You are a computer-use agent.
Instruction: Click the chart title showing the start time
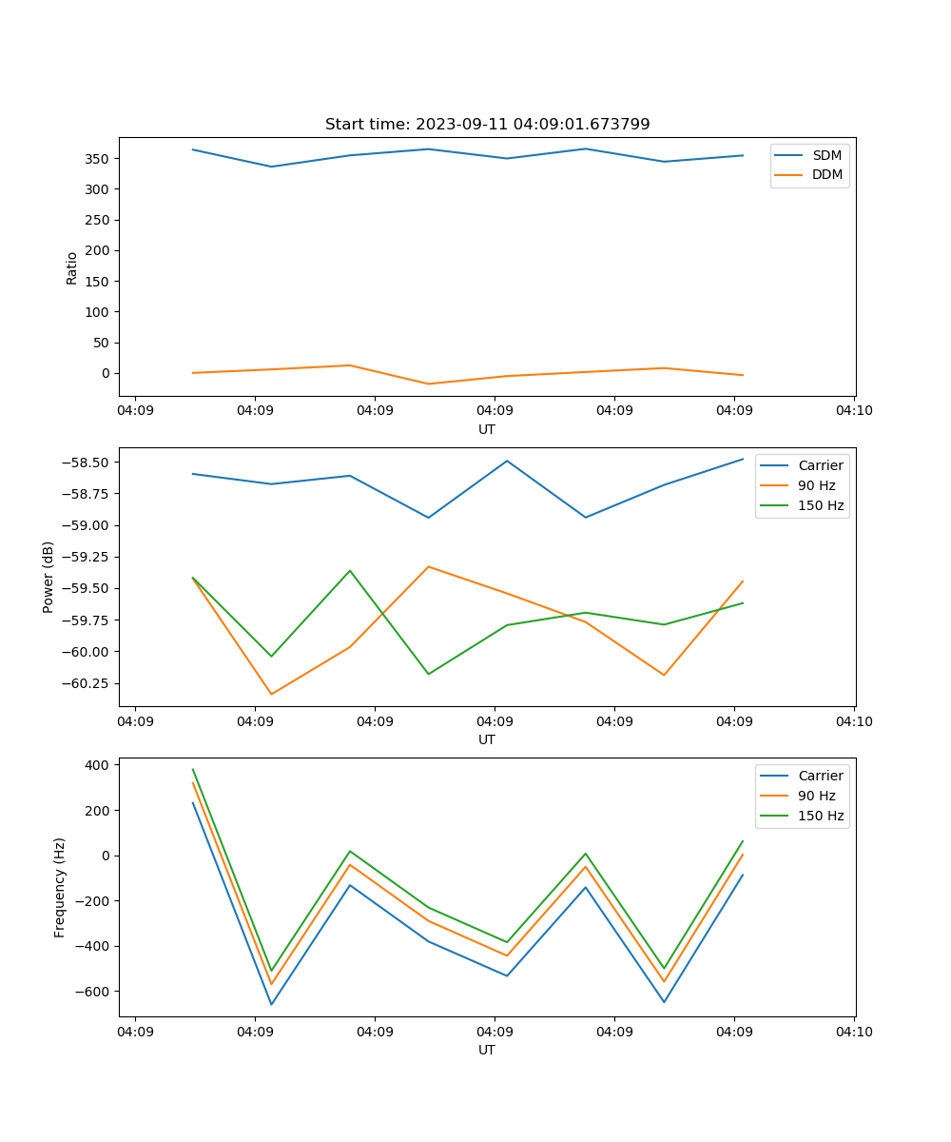tap(487, 125)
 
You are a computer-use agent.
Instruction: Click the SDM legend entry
tap(826, 155)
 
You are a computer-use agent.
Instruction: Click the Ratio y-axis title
tap(72, 268)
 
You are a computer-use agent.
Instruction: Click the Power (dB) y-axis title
tap(49, 577)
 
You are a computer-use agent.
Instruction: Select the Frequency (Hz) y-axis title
tap(60, 887)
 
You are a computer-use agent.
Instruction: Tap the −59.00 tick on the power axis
tap(87, 525)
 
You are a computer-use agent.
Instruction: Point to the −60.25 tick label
tap(87, 683)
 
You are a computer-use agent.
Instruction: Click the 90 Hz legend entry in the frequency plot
tap(817, 796)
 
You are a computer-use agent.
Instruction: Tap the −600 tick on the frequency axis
tap(95, 992)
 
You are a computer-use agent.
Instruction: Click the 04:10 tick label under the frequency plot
tap(853, 1033)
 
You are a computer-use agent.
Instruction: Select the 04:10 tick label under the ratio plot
tap(853, 412)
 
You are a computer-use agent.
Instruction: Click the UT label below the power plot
tap(487, 739)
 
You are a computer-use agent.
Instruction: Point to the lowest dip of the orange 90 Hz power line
tap(271, 694)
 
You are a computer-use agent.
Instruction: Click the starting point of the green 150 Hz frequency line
tap(193, 769)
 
